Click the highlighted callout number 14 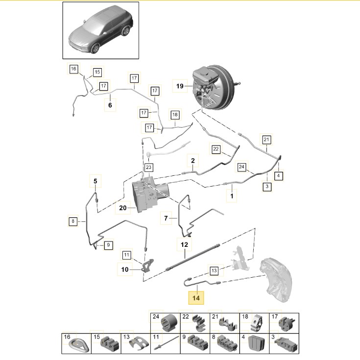[197, 297]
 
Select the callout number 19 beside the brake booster [180, 87]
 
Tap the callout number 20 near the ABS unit [122, 208]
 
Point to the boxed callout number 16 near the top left [73, 69]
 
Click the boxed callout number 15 [97, 72]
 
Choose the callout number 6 [110, 105]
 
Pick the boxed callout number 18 [175, 115]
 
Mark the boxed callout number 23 [149, 168]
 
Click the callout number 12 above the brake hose [184, 244]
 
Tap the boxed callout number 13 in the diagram [214, 270]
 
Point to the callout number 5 [96, 182]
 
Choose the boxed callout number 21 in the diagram [266, 140]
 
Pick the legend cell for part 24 [164, 323]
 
